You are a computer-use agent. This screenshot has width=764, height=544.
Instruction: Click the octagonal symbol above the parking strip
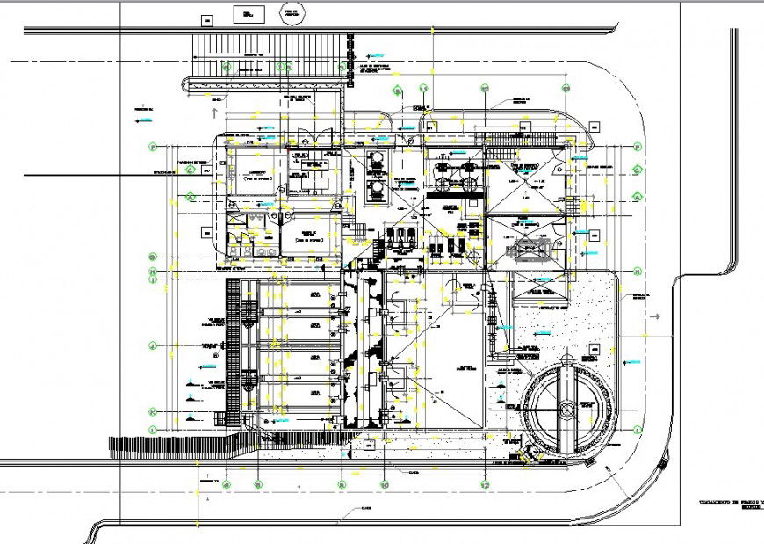(x=288, y=13)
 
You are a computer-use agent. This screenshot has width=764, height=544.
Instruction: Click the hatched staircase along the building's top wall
(x=515, y=139)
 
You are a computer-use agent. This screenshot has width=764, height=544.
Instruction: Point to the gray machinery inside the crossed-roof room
(x=530, y=250)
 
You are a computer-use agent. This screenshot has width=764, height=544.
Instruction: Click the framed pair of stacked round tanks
(x=378, y=174)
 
